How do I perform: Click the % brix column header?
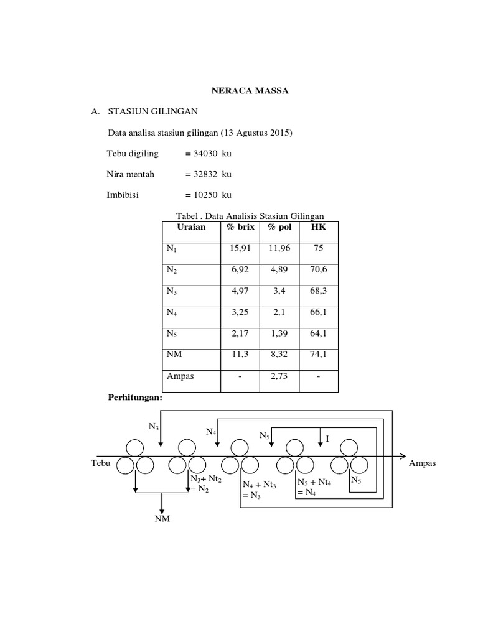point(240,227)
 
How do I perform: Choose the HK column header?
point(318,227)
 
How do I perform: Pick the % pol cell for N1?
point(279,249)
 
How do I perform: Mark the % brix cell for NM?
point(240,353)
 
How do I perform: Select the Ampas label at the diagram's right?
point(423,463)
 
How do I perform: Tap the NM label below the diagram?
point(162,519)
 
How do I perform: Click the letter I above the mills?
point(327,439)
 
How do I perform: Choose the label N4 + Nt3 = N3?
point(260,490)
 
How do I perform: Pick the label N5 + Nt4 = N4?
point(314,487)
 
